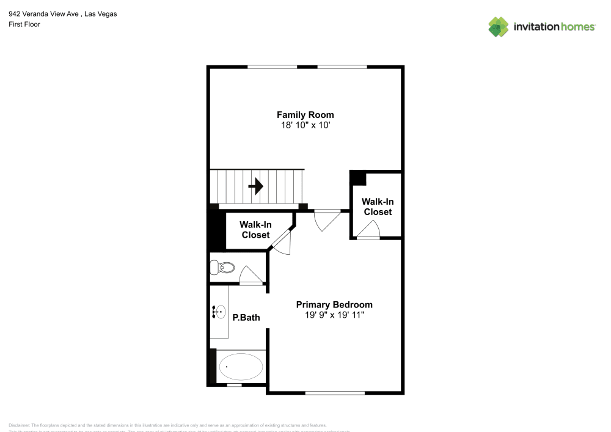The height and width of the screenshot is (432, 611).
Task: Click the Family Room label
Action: click(x=305, y=115)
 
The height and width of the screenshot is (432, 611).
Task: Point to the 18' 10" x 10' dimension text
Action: click(x=305, y=125)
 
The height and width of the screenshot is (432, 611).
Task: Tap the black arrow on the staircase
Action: click(x=256, y=186)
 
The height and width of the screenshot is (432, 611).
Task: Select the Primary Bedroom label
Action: click(x=334, y=304)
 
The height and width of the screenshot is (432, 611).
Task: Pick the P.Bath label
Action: click(x=246, y=317)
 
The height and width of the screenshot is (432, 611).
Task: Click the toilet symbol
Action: click(x=222, y=268)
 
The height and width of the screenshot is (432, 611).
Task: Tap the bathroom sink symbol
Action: click(x=219, y=312)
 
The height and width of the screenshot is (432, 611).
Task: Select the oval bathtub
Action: click(x=241, y=367)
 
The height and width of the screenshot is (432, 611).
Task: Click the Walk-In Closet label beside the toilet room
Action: click(x=255, y=230)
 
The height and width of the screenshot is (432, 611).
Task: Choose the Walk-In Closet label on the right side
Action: click(x=378, y=207)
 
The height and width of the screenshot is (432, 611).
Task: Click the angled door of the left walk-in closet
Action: click(x=282, y=243)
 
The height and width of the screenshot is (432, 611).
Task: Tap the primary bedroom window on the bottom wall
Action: click(x=335, y=392)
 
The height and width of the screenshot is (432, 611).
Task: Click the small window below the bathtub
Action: click(x=234, y=385)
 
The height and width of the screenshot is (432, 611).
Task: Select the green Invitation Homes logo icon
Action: click(x=499, y=26)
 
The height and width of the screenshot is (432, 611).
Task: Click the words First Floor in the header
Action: click(x=24, y=24)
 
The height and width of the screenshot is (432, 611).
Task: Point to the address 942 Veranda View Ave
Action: click(x=43, y=14)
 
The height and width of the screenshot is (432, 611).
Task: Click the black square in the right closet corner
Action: click(x=357, y=178)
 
